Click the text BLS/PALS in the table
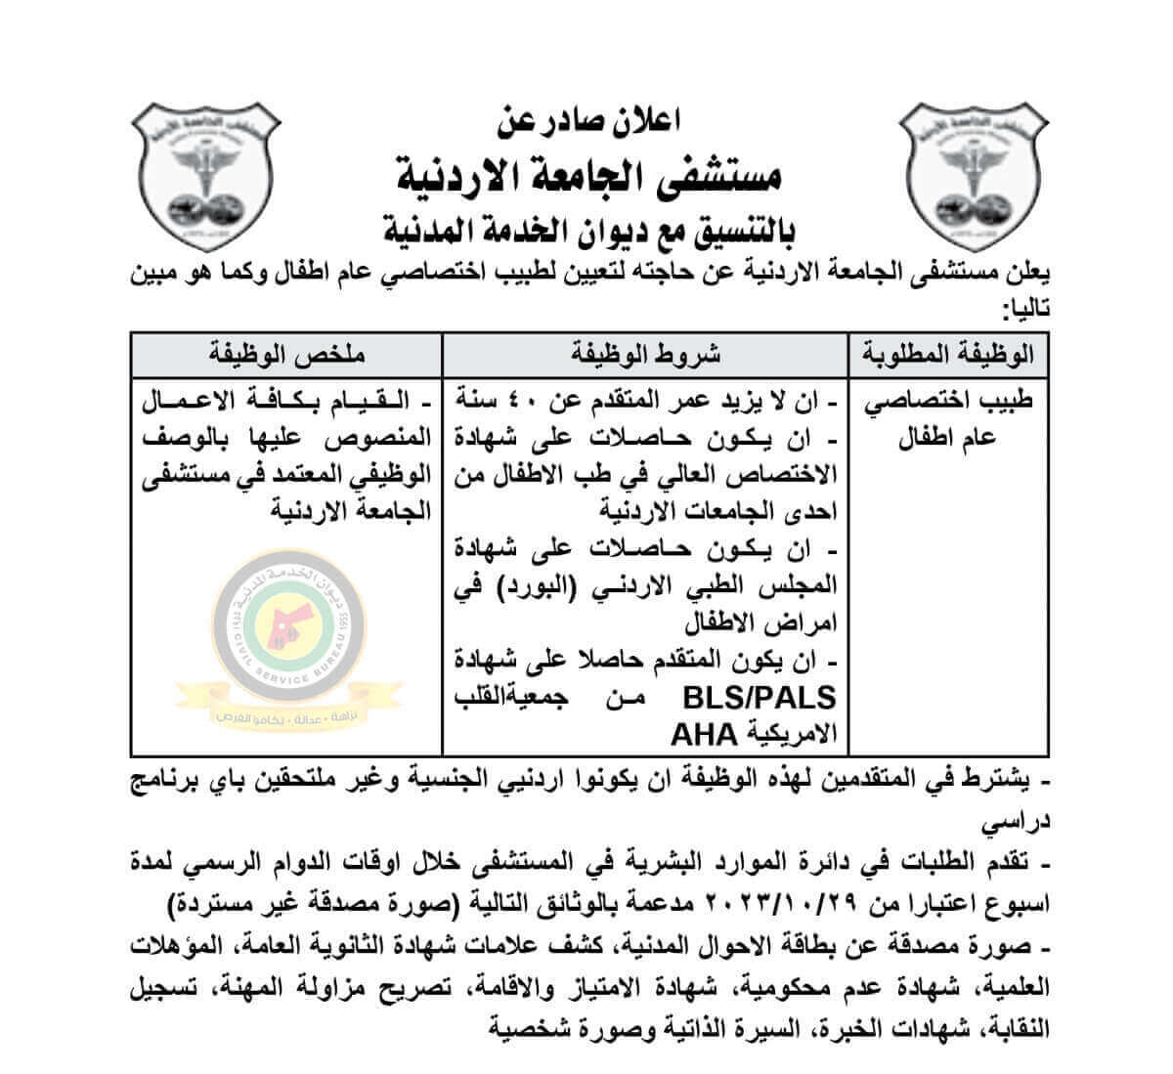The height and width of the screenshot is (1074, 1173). click(x=773, y=698)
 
